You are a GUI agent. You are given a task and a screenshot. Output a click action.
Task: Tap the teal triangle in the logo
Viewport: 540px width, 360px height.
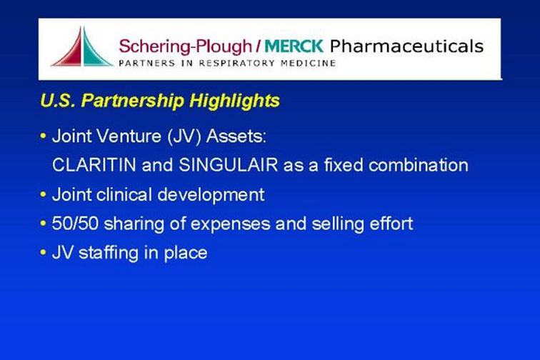(92, 51)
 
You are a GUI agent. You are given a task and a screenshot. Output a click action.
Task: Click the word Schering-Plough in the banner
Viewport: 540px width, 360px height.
(186, 47)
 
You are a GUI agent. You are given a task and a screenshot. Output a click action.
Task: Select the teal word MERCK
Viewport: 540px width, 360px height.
(294, 46)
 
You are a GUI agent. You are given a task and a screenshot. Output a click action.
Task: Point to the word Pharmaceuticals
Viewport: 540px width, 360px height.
(406, 46)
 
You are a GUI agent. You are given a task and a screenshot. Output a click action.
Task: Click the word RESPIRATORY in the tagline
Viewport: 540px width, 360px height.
(237, 64)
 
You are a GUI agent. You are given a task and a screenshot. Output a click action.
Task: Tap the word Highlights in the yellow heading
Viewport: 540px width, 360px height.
(234, 101)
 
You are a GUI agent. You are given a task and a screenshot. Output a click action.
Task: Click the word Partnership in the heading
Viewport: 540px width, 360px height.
(132, 101)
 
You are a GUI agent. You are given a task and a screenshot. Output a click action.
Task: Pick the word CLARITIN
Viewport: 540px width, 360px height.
(94, 165)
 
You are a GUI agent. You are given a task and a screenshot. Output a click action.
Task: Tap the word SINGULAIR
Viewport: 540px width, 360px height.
(229, 165)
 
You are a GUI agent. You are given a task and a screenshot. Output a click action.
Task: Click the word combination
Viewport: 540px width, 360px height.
(419, 165)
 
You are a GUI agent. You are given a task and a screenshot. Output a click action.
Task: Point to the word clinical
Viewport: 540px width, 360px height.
(124, 194)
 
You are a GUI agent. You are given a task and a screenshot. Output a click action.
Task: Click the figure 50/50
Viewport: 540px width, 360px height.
(75, 224)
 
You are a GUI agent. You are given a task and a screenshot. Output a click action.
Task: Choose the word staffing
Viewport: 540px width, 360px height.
(109, 254)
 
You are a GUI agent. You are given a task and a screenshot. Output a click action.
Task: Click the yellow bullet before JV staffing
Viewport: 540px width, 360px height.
(43, 253)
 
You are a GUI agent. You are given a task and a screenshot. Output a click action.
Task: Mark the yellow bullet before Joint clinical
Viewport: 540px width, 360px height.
(43, 194)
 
